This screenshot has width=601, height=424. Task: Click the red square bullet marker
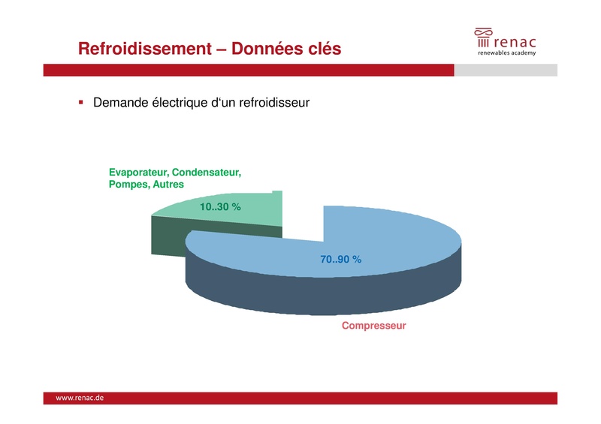[81, 101]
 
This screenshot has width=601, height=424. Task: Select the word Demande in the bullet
[121, 102]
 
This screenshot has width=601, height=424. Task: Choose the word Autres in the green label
[168, 184]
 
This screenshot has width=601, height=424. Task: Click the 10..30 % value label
[220, 207]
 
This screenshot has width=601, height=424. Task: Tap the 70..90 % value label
[341, 259]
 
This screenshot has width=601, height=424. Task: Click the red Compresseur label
[373, 326]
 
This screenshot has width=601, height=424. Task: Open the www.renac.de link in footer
[80, 398]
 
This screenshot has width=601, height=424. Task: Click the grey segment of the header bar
[506, 70]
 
